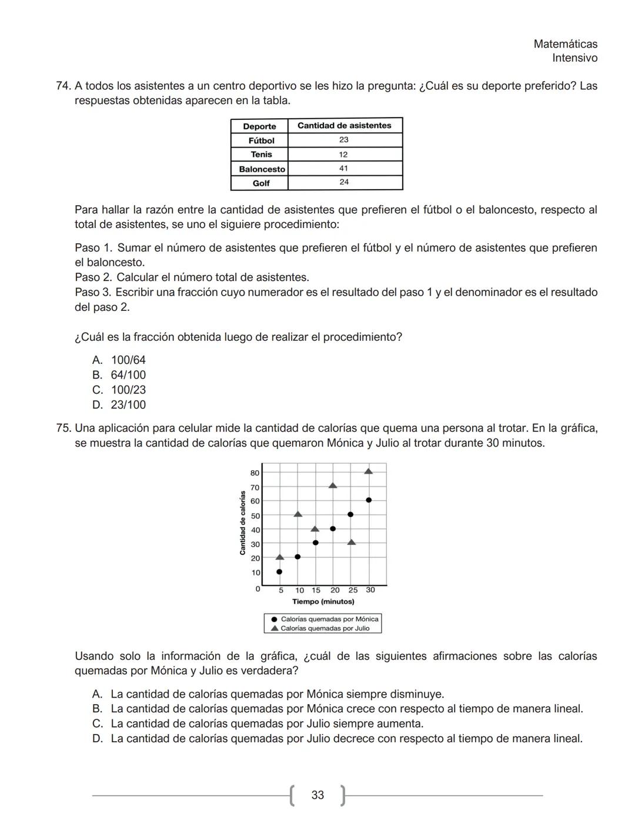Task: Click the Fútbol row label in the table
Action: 261,140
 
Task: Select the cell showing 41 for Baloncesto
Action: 344,168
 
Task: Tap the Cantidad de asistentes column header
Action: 344,125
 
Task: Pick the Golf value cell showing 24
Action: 344,182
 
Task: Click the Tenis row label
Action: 261,155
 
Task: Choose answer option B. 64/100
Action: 119,375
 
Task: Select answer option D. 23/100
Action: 119,405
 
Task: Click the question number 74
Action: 63,86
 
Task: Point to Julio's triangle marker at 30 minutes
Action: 369,471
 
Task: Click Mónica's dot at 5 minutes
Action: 279,571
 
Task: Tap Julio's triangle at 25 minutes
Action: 352,542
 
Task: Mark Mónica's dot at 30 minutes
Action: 369,500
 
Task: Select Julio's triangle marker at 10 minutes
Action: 298,514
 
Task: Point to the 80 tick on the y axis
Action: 255,473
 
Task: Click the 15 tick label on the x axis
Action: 316,590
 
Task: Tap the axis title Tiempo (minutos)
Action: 323,602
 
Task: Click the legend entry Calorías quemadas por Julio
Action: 325,628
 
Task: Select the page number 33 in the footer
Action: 317,795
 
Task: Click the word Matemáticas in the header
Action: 565,44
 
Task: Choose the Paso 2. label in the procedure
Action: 93,277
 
